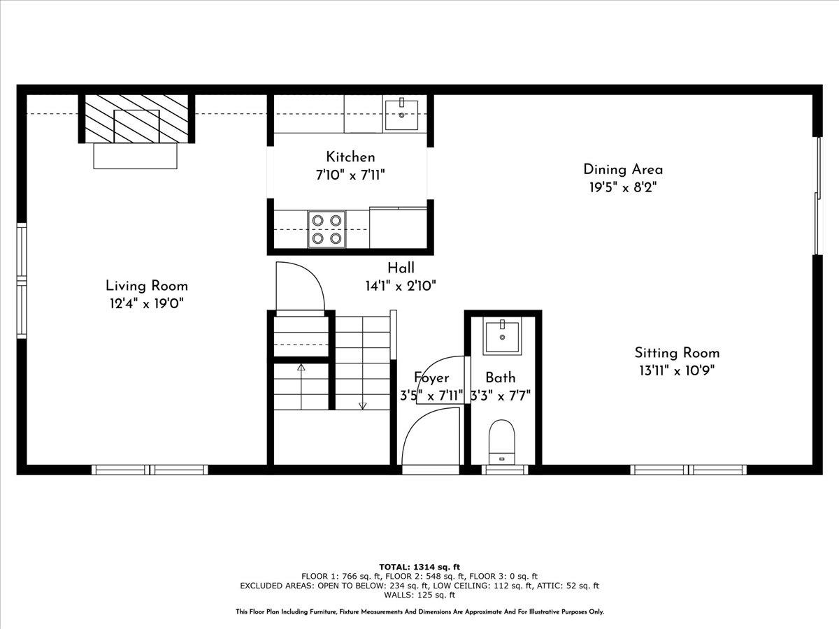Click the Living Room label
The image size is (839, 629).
point(147,285)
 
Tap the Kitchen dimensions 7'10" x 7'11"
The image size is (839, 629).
point(350,175)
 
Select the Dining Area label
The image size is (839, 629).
point(623,169)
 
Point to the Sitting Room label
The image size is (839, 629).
point(677,353)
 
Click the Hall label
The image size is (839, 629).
point(401,268)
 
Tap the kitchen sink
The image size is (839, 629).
point(401,115)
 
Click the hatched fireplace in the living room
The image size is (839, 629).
point(136,118)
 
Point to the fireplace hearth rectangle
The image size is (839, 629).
point(136,156)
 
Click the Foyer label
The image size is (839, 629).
point(431,378)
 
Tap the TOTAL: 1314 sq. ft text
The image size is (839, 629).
point(419,567)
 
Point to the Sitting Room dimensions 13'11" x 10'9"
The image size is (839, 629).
point(677,371)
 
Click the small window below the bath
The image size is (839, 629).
point(505,470)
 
